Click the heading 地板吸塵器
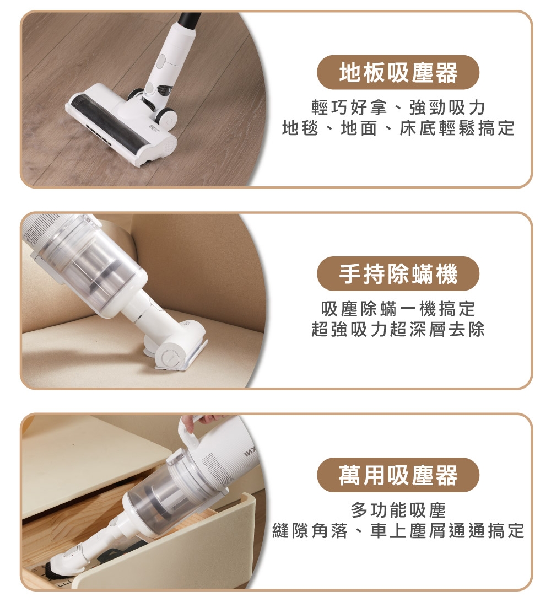point(398,72)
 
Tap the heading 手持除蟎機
point(398,274)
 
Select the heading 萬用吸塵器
point(398,475)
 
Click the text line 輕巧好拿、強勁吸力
point(398,107)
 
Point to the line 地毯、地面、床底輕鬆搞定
point(398,128)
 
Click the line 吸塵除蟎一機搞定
point(398,308)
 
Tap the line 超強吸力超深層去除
point(398,329)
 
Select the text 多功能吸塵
point(398,510)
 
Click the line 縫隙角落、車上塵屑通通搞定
point(398,530)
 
